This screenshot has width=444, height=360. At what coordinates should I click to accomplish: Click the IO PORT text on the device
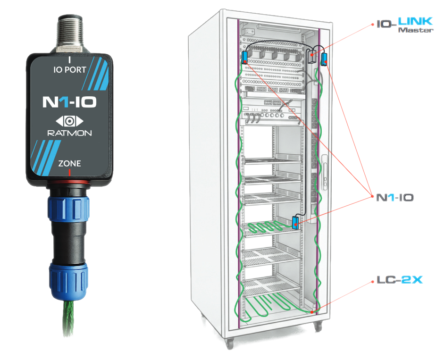(x=70, y=70)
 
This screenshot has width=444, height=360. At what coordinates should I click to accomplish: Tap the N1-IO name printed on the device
(x=70, y=102)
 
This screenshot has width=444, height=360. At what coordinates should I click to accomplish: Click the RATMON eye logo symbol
(x=70, y=121)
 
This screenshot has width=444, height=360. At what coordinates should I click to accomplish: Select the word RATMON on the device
(x=70, y=133)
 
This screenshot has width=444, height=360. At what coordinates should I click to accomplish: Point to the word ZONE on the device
(x=70, y=163)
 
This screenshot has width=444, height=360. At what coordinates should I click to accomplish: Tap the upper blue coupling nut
(x=68, y=208)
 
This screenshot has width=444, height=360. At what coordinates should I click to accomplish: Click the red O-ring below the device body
(x=69, y=182)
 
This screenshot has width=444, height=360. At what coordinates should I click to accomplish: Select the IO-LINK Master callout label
(x=405, y=25)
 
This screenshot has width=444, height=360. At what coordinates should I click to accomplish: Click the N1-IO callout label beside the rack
(x=395, y=197)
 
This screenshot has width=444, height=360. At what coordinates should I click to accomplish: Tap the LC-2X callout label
(x=400, y=280)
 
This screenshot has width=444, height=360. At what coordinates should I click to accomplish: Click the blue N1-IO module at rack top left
(x=245, y=58)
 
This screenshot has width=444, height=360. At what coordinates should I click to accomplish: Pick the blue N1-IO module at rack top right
(x=324, y=59)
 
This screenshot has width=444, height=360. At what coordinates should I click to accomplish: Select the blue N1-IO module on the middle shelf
(x=295, y=223)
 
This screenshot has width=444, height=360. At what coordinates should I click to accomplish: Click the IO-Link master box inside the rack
(x=312, y=56)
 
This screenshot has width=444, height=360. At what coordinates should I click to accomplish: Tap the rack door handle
(x=324, y=172)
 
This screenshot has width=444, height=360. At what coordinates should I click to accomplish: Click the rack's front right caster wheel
(x=318, y=327)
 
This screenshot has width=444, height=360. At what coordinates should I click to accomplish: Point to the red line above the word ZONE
(x=69, y=172)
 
